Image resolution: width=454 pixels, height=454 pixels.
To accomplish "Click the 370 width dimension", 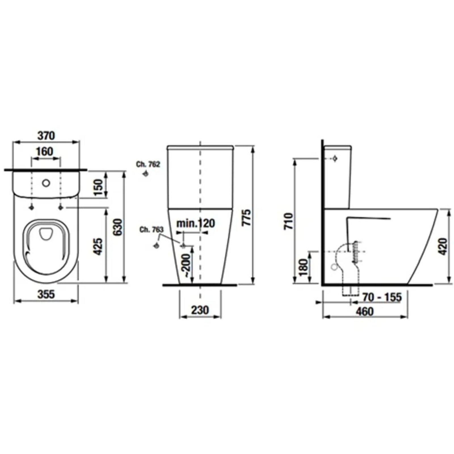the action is click(46, 136).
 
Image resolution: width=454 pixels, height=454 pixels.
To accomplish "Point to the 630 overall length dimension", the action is click(117, 227).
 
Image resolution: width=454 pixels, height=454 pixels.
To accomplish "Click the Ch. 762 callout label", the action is click(148, 164).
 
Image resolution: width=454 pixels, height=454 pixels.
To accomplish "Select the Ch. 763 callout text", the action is click(152, 230).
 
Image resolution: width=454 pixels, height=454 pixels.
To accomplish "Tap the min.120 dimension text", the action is click(196, 223).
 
